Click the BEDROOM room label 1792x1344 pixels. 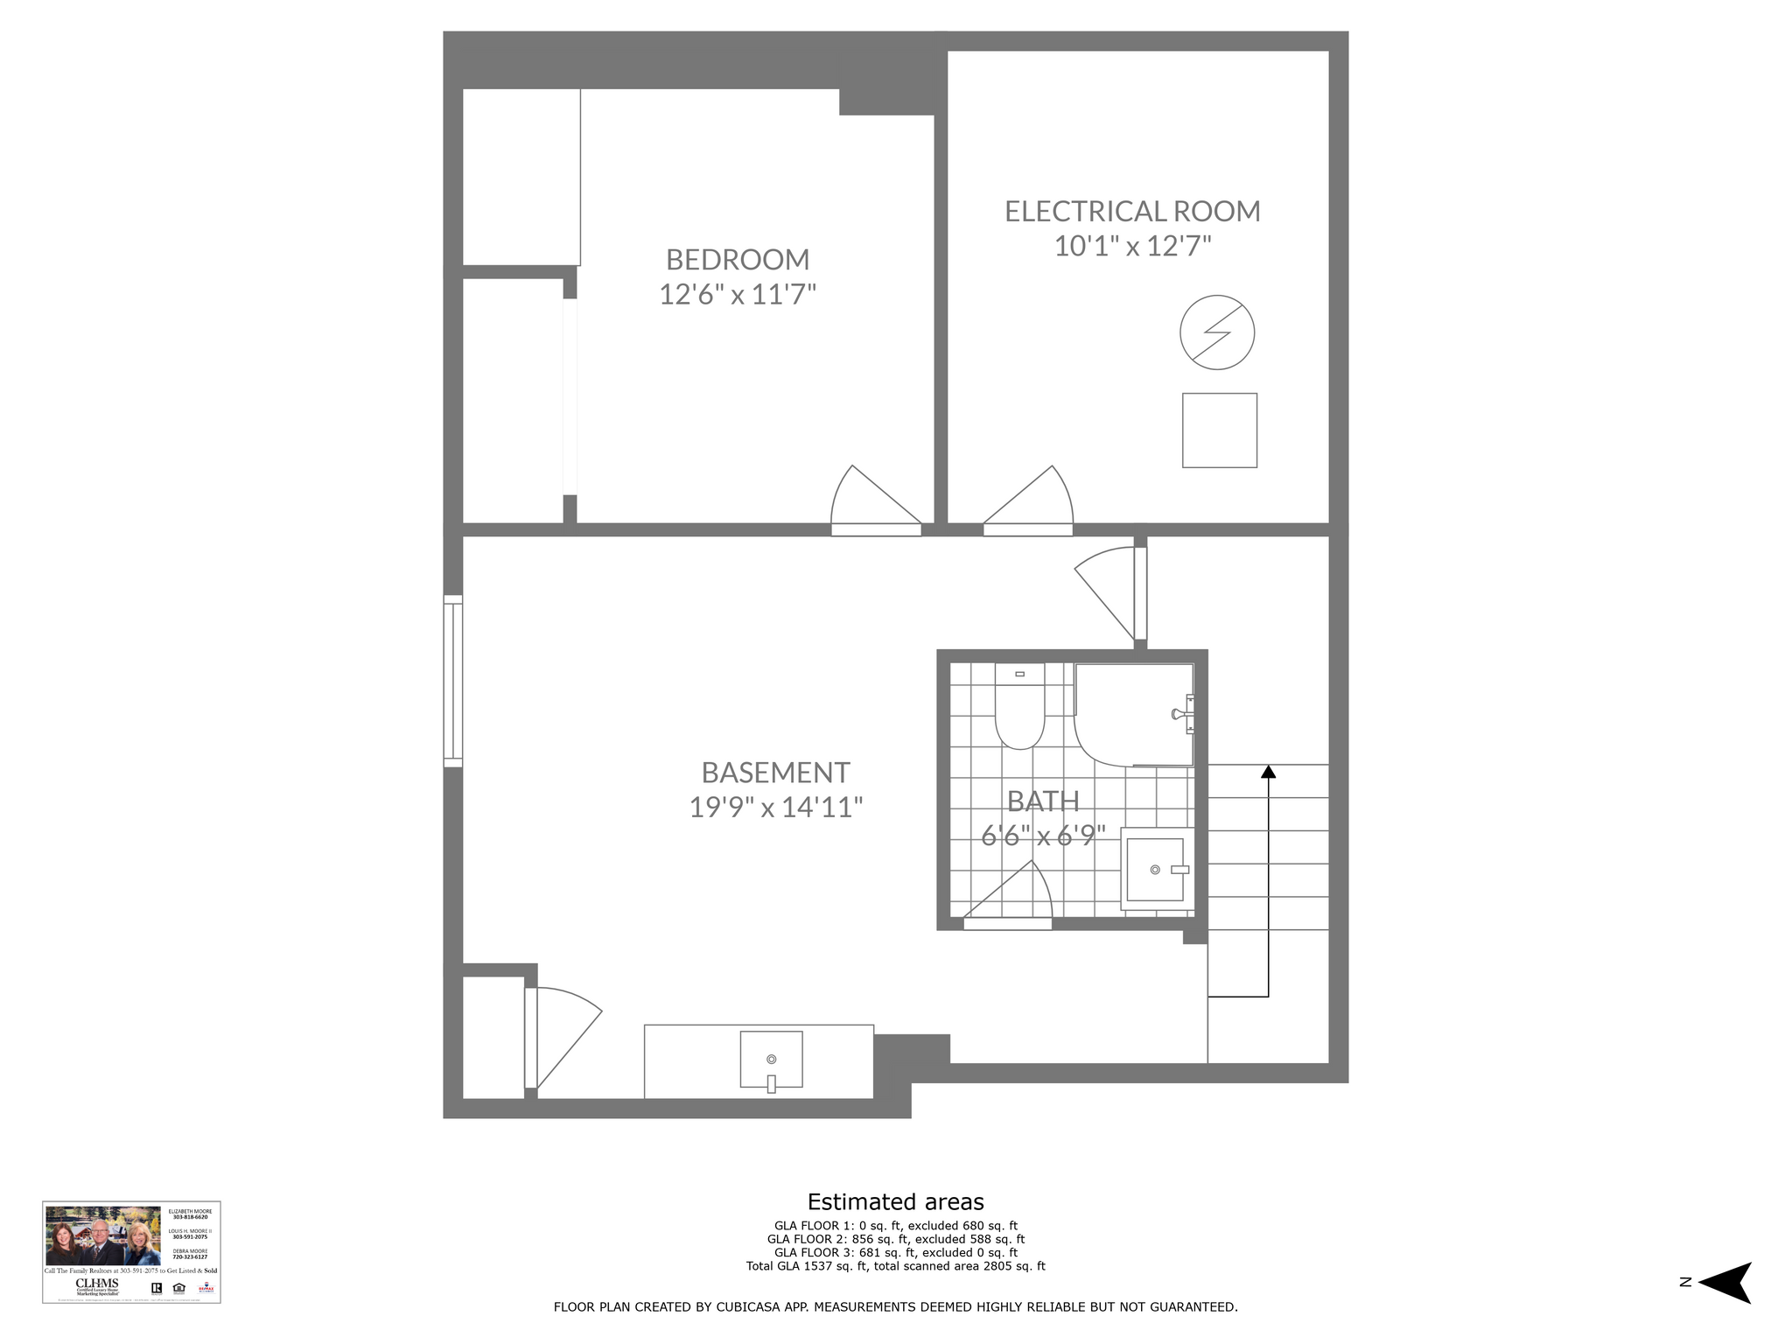[x=738, y=260]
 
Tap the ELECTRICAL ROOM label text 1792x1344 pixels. [x=1132, y=212]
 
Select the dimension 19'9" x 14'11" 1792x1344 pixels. [x=776, y=807]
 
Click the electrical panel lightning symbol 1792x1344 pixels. [x=1217, y=332]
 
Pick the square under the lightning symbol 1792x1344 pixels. [x=1219, y=430]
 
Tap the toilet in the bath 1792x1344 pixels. [x=1019, y=708]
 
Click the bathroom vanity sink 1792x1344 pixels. [x=1155, y=870]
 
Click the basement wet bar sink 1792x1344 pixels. [x=771, y=1060]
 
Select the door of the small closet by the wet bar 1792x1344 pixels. [x=560, y=1037]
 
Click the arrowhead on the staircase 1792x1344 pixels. [x=1268, y=772]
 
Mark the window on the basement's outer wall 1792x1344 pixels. [x=452, y=682]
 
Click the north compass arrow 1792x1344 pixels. [x=1725, y=1307]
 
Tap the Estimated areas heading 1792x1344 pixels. [x=895, y=1201]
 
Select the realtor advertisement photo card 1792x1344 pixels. [x=131, y=1251]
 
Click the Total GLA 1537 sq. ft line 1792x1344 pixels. [x=895, y=1266]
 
